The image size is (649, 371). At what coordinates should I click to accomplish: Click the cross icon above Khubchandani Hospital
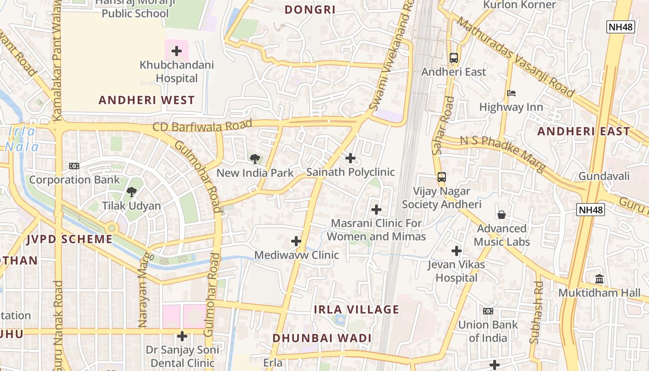coord(177,51)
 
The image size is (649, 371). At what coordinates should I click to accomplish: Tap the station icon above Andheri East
coord(454,58)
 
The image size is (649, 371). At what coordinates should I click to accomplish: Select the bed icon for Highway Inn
coord(511,93)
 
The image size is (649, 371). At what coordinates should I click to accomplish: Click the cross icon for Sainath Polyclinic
coord(350,159)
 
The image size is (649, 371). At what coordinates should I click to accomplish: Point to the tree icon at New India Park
coord(255,159)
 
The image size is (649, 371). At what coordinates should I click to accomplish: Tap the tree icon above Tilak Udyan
coord(132,192)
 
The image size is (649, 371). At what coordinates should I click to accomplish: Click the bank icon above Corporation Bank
coord(74,166)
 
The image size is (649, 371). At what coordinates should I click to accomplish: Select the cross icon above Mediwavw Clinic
coord(296,241)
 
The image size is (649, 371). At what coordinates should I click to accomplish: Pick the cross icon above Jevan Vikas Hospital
coord(457,251)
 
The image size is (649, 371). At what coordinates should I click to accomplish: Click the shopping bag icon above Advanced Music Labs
coord(502,215)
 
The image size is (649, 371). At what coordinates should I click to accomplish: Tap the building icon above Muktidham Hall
coord(599,279)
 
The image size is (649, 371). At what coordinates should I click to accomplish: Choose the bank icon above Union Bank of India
coord(488,311)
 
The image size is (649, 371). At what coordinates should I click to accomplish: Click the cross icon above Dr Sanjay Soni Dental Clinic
coord(183,336)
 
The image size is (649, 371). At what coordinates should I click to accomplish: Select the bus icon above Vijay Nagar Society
coord(442,177)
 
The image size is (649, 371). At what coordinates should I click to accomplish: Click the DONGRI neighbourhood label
coord(310,10)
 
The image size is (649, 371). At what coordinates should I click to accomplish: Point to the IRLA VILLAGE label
coord(356,310)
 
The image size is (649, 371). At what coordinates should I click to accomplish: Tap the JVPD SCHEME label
coord(70,239)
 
